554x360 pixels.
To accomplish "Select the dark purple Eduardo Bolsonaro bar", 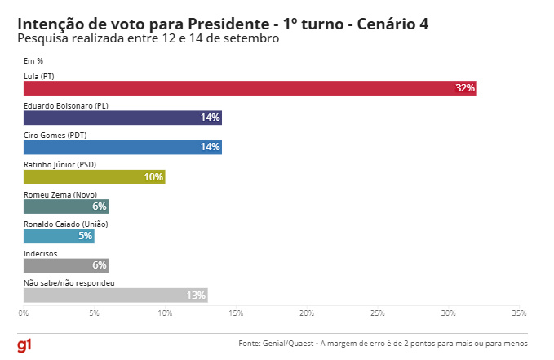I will (122, 118).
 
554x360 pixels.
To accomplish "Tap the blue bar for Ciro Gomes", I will (122, 147).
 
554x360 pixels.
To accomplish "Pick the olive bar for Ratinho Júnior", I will (94, 177).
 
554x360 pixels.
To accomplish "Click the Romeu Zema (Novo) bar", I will (65, 207).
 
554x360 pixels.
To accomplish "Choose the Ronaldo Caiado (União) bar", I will (59, 236).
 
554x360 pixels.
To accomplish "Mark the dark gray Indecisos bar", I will (65, 265).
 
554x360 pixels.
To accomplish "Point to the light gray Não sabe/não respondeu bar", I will (115, 295).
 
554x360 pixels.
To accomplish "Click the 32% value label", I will (465, 88).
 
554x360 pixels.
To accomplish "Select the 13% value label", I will (197, 295).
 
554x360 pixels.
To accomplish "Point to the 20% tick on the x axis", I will (307, 313).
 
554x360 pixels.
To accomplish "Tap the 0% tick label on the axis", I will (24, 313).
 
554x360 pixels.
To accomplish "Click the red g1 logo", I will (25, 345).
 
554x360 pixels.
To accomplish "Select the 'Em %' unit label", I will (33, 60).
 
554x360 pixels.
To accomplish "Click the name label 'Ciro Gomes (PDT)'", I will (55, 135).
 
